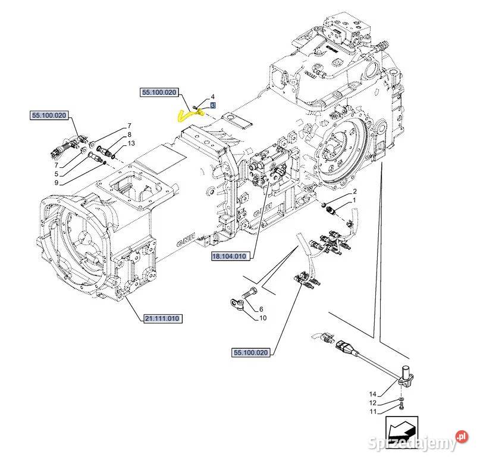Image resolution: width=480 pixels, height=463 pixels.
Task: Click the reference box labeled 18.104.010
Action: pos(231,256)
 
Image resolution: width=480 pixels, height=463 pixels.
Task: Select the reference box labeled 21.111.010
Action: pos(162,319)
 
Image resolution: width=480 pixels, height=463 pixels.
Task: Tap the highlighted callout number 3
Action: pos(213,105)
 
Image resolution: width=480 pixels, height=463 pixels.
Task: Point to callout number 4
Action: pos(212,96)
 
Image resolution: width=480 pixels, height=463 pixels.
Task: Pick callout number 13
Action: pos(131,143)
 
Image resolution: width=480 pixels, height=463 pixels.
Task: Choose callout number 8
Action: pos(129,135)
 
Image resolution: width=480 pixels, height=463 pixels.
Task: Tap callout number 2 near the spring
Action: pos(354,192)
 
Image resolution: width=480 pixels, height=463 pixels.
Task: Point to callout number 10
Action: pos(262,318)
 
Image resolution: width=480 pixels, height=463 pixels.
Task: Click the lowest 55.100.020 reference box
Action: pos(249,353)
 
